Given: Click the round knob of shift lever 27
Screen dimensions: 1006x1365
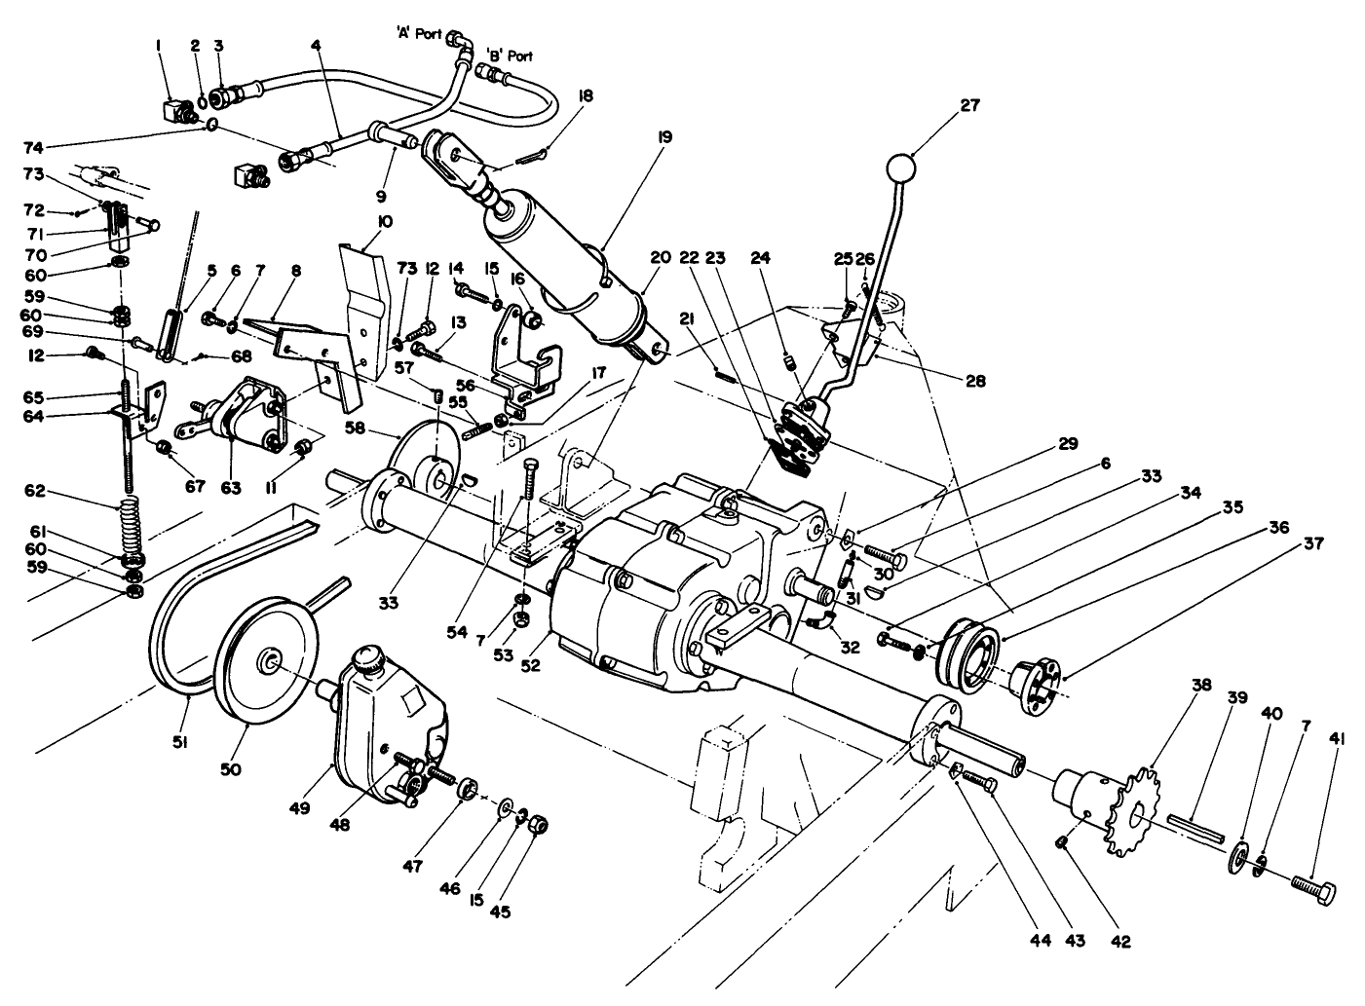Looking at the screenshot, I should pyautogui.click(x=905, y=168).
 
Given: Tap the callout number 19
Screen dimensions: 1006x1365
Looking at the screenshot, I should pyautogui.click(x=664, y=137).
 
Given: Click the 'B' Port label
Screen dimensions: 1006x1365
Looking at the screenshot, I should pyautogui.click(x=509, y=56).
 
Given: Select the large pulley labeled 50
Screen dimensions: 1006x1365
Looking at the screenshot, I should pyautogui.click(x=266, y=662).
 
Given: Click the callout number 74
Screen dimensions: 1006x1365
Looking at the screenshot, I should pyautogui.click(x=35, y=147).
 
